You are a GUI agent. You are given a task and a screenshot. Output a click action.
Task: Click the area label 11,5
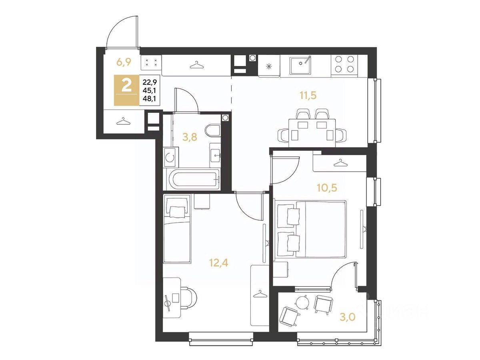(x=308, y=96)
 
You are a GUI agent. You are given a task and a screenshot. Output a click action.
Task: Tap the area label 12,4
(x=218, y=262)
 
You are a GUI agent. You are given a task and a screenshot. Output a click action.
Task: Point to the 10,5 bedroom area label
(x=327, y=188)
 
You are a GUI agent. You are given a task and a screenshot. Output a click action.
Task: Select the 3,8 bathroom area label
(x=190, y=137)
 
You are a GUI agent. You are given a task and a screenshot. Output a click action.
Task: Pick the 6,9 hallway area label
(x=124, y=62)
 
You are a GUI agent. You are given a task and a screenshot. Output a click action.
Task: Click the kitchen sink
(x=301, y=66)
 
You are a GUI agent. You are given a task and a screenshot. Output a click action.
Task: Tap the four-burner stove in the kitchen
(x=344, y=64)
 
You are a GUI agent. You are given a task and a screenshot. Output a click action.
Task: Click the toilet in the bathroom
(x=212, y=130)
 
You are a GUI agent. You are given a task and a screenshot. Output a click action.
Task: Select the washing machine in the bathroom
(x=171, y=157)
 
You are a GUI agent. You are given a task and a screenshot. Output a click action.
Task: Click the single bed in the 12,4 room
(x=177, y=229)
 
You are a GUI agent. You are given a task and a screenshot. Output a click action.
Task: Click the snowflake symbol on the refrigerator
(x=268, y=66)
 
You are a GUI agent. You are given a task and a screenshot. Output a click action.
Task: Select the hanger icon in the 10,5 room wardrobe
(x=340, y=163)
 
